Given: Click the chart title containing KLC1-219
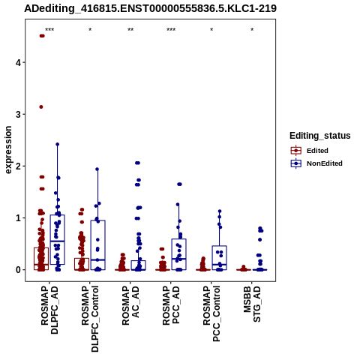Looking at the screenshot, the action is coord(151,8).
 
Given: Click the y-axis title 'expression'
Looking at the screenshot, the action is coord(8,150).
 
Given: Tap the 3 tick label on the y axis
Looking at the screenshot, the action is coord(18,114).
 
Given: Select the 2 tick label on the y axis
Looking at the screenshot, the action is coord(18,166).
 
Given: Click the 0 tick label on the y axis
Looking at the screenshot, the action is coord(18,270).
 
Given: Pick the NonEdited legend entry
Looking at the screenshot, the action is coord(316,163).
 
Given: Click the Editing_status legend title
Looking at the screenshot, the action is coord(320,136).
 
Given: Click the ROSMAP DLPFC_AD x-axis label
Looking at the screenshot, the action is coord(49,310).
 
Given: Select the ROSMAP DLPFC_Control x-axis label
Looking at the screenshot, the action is coord(90,319).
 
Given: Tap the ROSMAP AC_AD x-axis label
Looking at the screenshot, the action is coord(130,305).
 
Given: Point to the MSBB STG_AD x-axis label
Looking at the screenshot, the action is coord(252,304).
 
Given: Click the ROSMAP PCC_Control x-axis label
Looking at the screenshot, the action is coord(211,313).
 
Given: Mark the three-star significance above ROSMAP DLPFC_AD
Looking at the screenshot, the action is coord(49,30).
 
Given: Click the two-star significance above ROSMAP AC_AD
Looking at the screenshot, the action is coord(130,30).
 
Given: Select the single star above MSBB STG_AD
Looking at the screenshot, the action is coord(252,30).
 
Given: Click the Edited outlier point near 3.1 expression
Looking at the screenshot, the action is coord(41,107).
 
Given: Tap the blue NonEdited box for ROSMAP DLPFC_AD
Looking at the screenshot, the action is coord(58,239).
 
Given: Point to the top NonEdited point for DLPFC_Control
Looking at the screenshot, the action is coord(97,169).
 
